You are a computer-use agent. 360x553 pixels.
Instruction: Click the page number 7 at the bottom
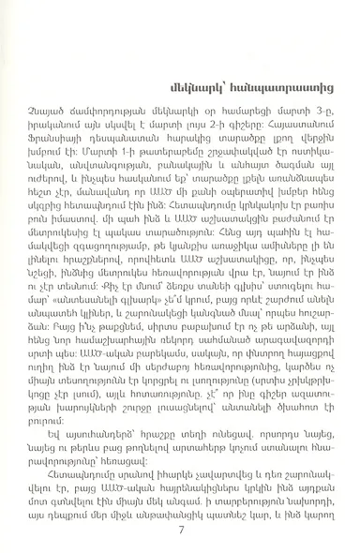click(x=179, y=529)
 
